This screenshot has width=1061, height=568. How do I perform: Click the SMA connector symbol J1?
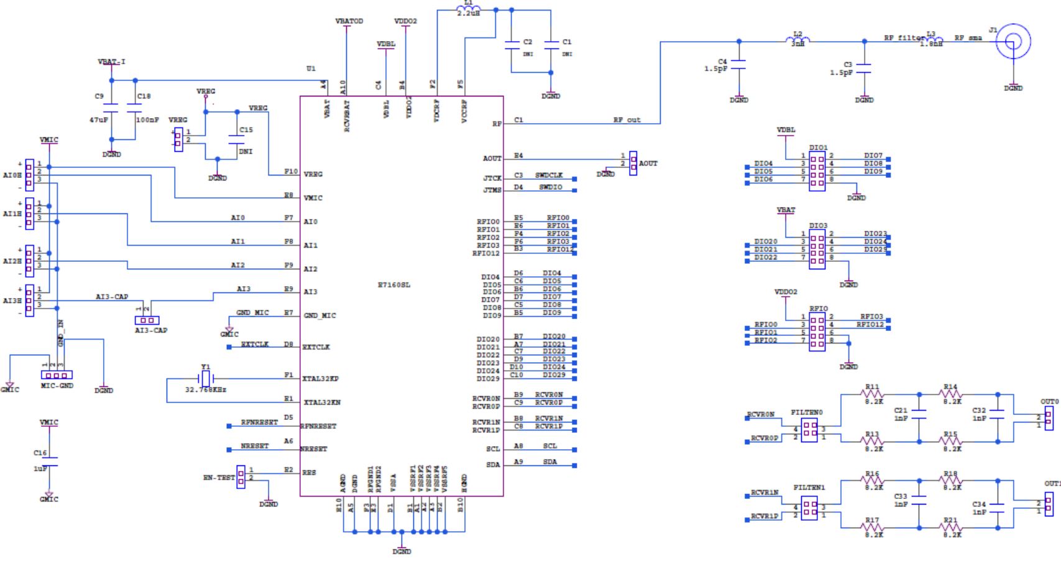point(1013,42)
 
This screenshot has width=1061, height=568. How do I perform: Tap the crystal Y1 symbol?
point(206,378)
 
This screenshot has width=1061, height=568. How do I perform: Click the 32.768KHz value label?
point(206,389)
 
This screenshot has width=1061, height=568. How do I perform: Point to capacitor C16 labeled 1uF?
point(49,461)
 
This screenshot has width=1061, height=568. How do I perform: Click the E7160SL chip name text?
point(394,285)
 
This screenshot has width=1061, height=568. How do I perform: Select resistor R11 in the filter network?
point(873,394)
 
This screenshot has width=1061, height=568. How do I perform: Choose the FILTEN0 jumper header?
point(809,429)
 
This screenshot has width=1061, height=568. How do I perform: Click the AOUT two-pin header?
point(633,163)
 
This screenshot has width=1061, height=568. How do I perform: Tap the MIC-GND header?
point(57,375)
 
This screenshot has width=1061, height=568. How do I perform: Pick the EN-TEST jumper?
point(241,477)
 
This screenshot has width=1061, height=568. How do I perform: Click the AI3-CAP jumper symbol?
point(147,320)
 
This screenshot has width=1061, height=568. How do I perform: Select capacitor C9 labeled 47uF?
point(111,107)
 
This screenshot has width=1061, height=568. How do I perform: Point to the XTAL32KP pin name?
point(320,379)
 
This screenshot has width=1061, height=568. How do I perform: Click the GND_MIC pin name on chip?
point(319,316)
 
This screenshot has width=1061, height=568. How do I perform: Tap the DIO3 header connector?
point(817,249)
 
